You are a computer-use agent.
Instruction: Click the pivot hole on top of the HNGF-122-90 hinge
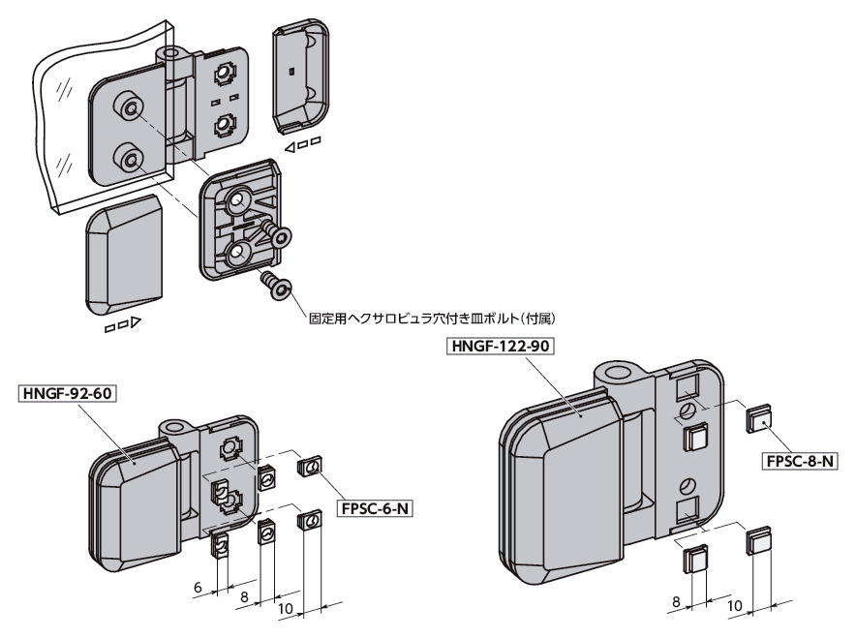tap(617, 372)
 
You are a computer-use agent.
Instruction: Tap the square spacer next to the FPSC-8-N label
tap(759, 421)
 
